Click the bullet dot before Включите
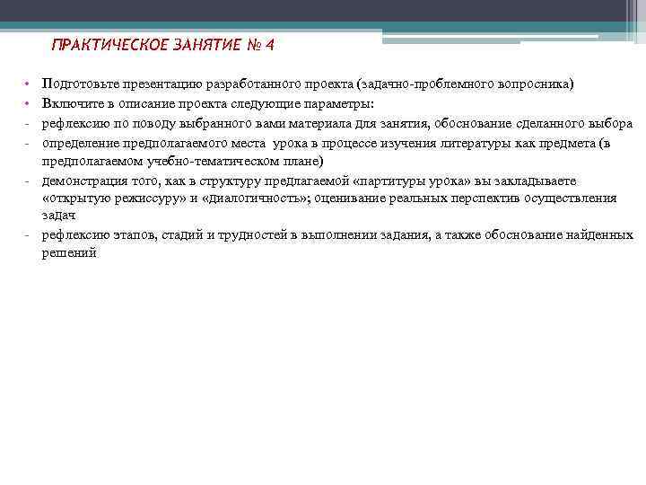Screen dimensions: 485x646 [x=30, y=104]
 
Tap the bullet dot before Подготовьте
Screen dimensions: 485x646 [x=30, y=85]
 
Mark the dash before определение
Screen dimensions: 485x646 [x=30, y=143]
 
